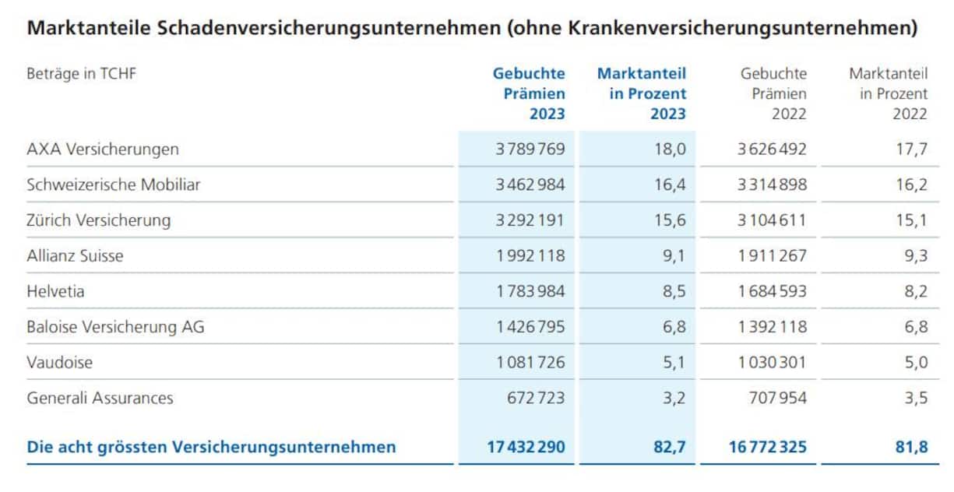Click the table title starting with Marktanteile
point(471,29)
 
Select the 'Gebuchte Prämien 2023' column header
point(529,93)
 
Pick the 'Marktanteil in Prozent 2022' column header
point(889,93)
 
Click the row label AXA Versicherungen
point(102,149)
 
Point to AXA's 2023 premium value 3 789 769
point(530,149)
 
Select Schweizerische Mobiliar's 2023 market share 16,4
point(670,184)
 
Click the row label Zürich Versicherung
point(98,220)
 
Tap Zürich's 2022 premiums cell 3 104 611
point(772,220)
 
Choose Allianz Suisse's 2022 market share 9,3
point(916,255)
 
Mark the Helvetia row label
point(55,291)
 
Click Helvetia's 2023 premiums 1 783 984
point(530,291)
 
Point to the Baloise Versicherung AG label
point(115,327)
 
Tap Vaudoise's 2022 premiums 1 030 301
point(772,363)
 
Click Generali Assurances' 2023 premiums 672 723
point(536,398)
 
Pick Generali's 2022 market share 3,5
point(916,398)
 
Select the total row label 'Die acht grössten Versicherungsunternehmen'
point(211,447)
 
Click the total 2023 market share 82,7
point(668,447)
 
